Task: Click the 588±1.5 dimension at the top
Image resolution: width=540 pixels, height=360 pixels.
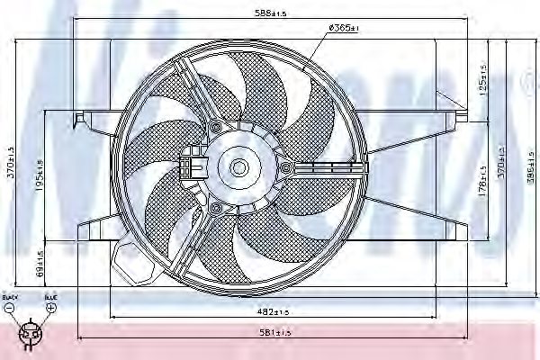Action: click(x=269, y=13)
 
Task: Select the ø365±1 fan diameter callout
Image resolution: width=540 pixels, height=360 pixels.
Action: click(x=344, y=29)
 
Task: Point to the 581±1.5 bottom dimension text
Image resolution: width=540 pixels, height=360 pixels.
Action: click(x=274, y=333)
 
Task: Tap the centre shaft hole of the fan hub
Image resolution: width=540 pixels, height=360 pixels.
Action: click(x=238, y=167)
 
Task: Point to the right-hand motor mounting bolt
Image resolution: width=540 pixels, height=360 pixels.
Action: click(x=285, y=168)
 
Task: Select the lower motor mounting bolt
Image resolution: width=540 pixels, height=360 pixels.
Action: click(x=215, y=209)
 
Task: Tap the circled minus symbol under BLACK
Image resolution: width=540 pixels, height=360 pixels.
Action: click(x=8, y=308)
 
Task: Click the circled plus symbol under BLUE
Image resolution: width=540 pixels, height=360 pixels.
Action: click(x=51, y=308)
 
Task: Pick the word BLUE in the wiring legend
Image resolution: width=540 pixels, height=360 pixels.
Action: click(x=51, y=296)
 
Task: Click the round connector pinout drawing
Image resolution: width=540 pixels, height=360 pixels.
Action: click(x=30, y=334)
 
